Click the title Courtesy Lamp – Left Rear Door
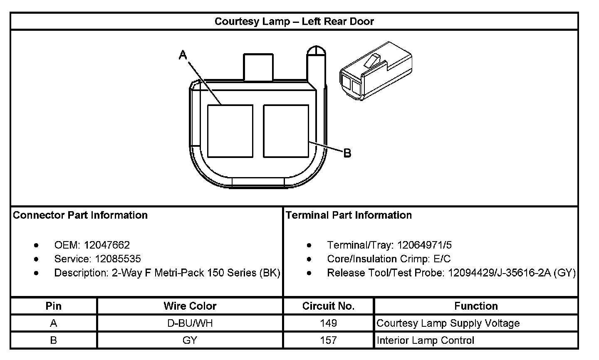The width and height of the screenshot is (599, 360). (294, 22)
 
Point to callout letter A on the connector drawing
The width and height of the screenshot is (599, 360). (183, 54)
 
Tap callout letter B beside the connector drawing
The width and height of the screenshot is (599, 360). (347, 153)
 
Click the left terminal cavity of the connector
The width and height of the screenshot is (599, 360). (230, 131)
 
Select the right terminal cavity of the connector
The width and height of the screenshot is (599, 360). (286, 131)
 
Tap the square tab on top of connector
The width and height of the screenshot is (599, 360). (258, 67)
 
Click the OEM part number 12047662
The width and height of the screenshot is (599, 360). (106, 245)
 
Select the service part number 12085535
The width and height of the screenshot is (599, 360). (118, 259)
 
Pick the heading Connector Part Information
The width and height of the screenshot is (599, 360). (80, 215)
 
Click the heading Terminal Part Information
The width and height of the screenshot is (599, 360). (349, 215)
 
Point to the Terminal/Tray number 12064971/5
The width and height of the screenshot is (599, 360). (424, 245)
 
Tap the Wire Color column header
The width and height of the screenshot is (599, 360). (190, 306)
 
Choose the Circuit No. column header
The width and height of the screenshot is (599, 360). (328, 306)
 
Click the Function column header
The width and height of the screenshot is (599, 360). (476, 306)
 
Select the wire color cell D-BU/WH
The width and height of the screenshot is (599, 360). (190, 323)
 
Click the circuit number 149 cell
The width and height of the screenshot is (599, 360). (328, 323)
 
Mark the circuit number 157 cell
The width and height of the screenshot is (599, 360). (328, 340)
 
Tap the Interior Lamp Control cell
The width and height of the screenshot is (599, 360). (425, 340)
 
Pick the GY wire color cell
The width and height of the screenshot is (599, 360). (190, 340)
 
